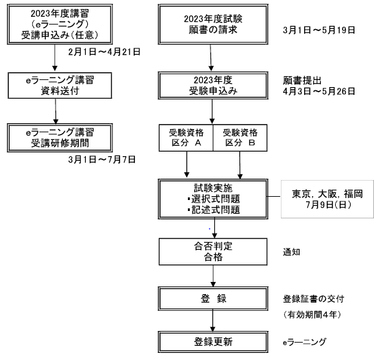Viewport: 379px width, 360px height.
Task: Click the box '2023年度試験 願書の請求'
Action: point(213,24)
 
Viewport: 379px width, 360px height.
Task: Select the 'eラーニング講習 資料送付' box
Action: point(59,85)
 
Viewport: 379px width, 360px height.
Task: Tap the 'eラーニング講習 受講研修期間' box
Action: point(59,138)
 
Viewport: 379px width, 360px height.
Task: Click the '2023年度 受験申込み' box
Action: point(213,85)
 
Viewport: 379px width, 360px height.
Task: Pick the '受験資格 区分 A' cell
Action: point(186,138)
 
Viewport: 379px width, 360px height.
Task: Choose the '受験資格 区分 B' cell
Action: point(240,138)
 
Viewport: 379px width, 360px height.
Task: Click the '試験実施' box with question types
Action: point(213,199)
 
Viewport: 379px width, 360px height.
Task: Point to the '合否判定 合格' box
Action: point(213,252)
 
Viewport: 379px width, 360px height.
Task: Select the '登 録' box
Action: point(213,299)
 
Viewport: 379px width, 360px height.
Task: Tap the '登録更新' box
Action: point(213,342)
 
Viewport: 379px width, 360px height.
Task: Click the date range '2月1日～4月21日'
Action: point(104,52)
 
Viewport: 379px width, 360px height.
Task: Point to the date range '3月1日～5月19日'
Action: point(319,30)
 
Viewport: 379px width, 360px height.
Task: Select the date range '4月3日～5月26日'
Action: point(319,91)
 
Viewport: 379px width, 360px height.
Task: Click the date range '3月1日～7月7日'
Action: point(102,159)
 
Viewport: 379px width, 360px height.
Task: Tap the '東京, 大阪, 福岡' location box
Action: point(327,199)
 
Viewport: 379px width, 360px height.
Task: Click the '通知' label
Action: point(291,252)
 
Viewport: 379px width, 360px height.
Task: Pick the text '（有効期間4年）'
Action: point(312,315)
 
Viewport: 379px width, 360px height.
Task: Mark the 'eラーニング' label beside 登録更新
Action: point(305,342)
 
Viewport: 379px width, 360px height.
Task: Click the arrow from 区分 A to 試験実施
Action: point(187,165)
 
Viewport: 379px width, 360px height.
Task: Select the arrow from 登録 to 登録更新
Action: point(212,321)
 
